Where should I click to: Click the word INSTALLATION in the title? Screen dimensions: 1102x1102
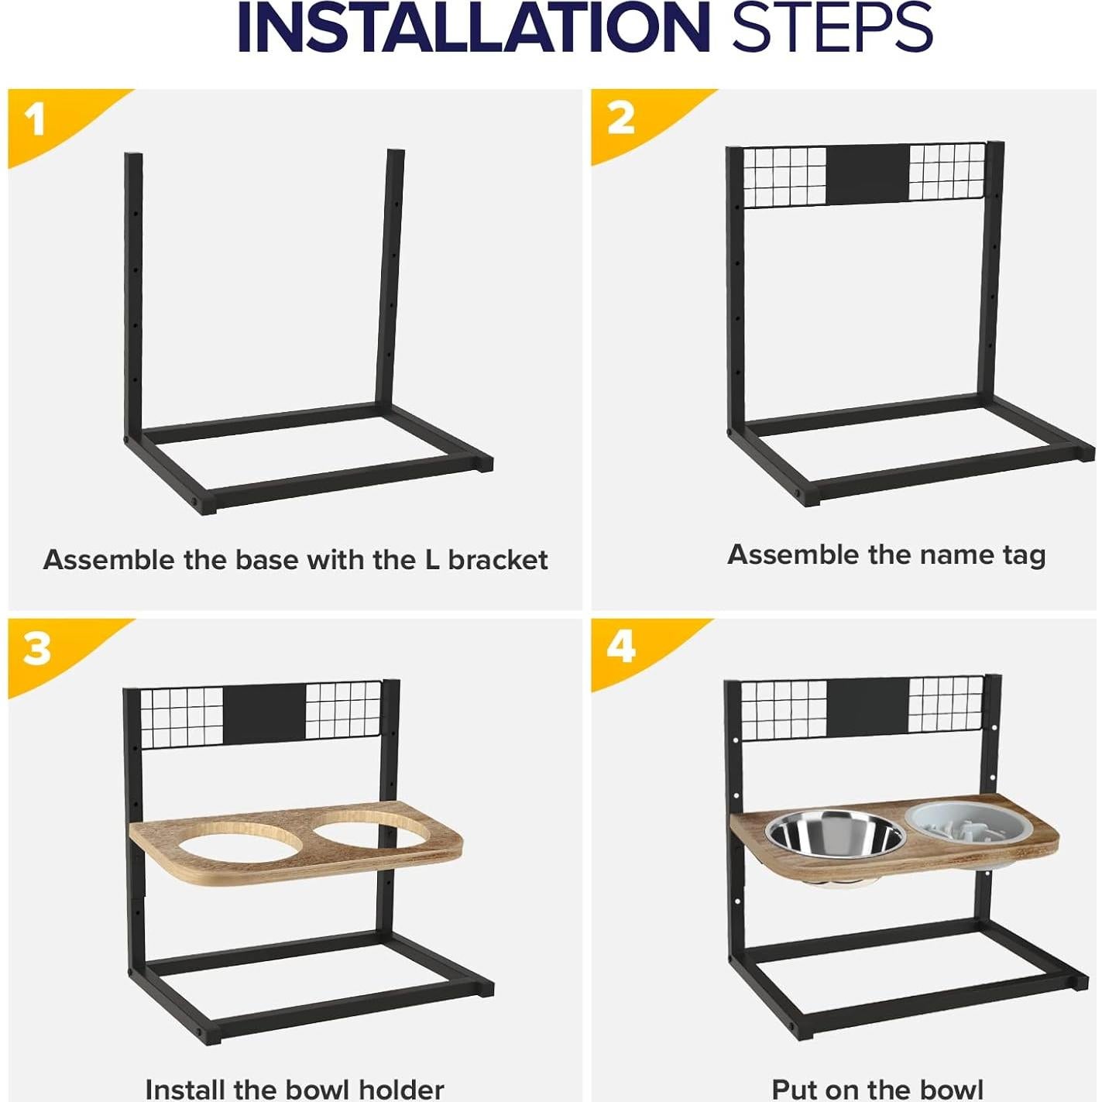coord(472,29)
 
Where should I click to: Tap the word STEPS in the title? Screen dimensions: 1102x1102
coord(832,29)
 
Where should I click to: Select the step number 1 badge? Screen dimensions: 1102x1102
coord(36,121)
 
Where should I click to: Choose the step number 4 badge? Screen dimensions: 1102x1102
coord(621,648)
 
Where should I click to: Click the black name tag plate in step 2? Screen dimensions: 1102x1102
coord(867,173)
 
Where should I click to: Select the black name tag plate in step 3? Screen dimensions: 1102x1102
coord(263,712)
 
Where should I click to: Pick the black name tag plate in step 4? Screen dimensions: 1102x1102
coord(867,707)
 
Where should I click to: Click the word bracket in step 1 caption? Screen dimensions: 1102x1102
coord(498,560)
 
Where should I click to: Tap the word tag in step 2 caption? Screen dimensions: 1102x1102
coord(1022,556)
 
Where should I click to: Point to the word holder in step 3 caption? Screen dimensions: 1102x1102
coord(398,1090)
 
